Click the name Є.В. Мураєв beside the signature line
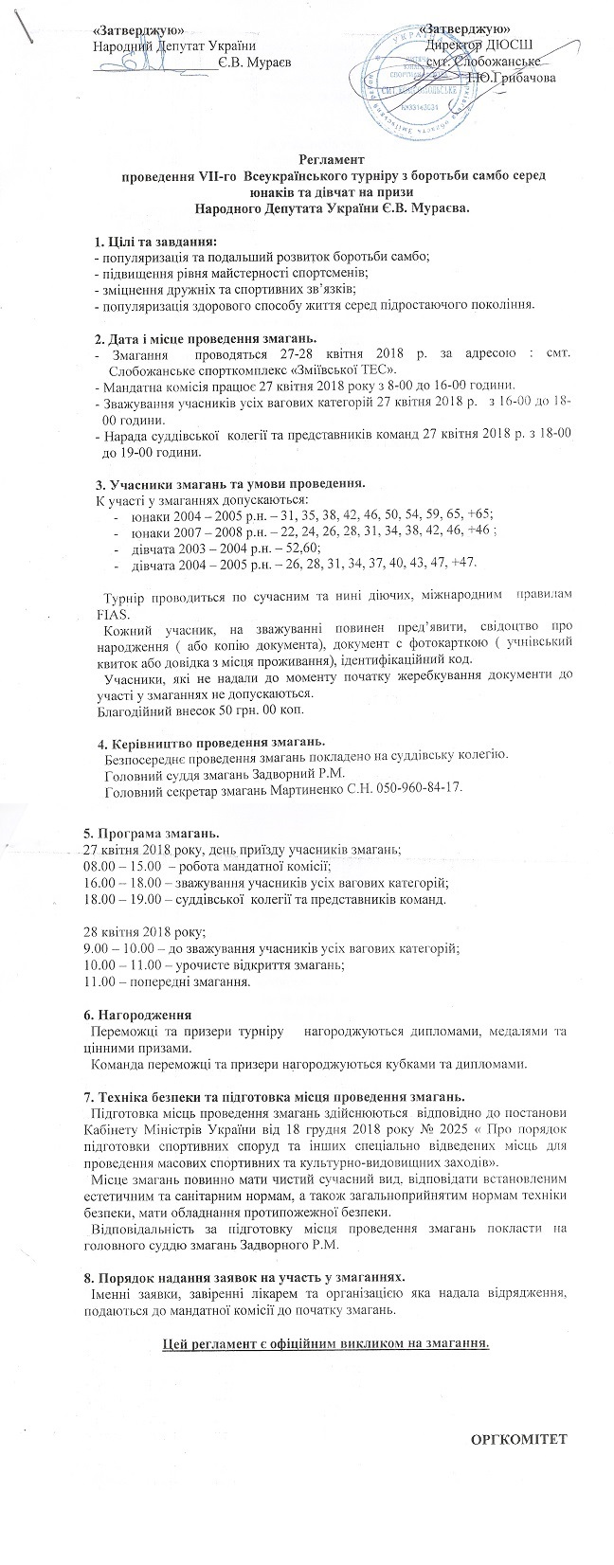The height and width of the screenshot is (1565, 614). pos(254,62)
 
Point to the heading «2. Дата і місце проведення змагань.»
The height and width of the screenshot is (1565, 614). pos(206,339)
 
